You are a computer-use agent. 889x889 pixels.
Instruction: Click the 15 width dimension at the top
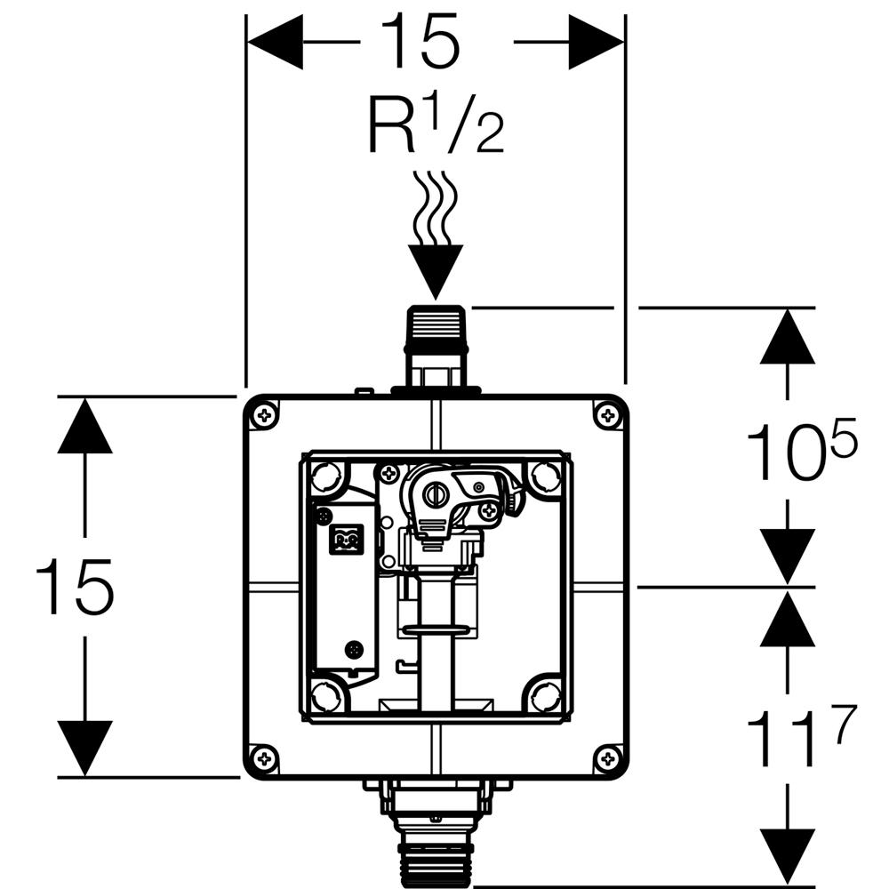click(420, 43)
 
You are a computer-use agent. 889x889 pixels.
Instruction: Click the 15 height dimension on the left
click(75, 588)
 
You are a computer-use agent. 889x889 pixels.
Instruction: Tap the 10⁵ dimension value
click(800, 453)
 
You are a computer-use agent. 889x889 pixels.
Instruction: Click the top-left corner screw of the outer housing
click(264, 415)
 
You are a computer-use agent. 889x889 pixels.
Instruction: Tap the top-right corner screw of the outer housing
click(607, 415)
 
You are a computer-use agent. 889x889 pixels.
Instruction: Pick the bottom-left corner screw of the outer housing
click(264, 757)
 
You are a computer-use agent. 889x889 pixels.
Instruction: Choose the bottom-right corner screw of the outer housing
click(607, 757)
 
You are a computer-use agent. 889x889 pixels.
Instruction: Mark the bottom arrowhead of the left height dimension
click(84, 748)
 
